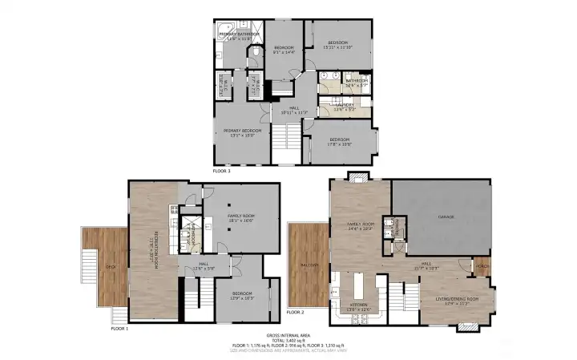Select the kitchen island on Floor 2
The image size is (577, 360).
[x=357, y=287]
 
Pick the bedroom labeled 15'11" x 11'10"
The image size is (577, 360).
[x=336, y=44]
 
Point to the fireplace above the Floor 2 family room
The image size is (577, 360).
[x=357, y=176]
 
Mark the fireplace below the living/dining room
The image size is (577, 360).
[x=467, y=327]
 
